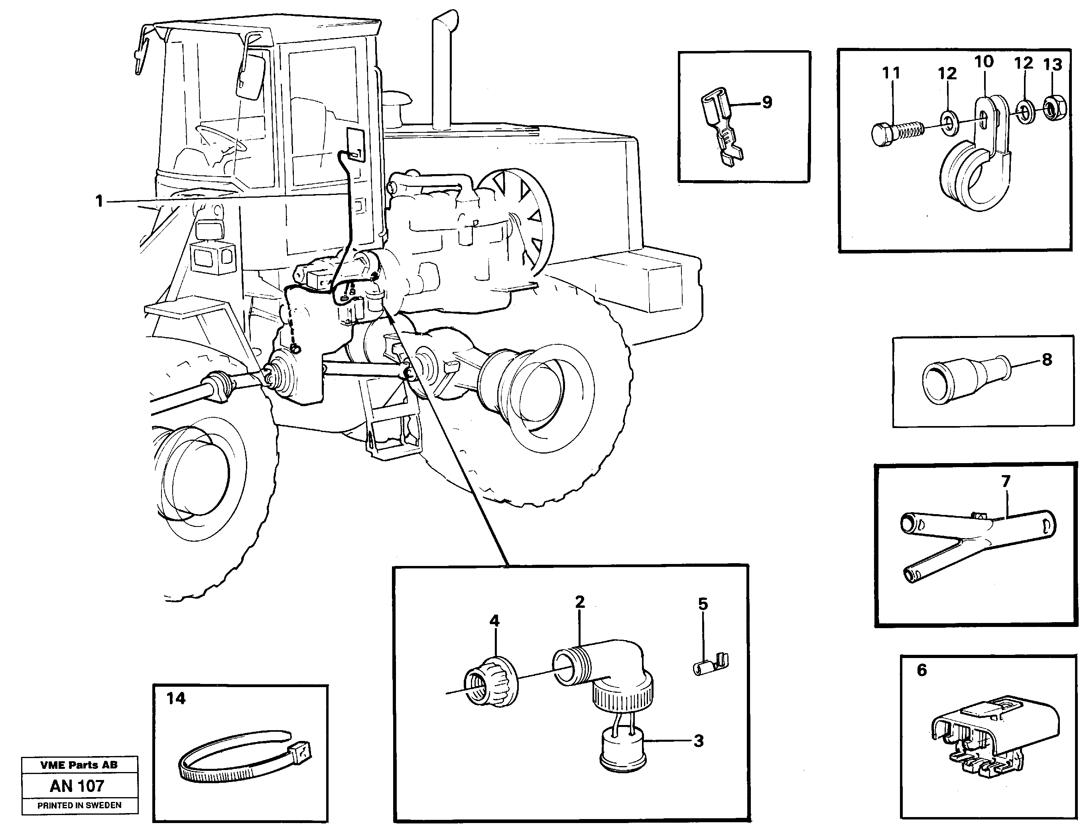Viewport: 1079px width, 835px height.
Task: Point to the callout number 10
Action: coord(983,62)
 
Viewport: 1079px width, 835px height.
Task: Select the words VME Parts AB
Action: coord(79,765)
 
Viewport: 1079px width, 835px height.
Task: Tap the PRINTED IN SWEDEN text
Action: coord(79,806)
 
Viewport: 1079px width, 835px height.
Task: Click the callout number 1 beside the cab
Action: coord(99,201)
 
